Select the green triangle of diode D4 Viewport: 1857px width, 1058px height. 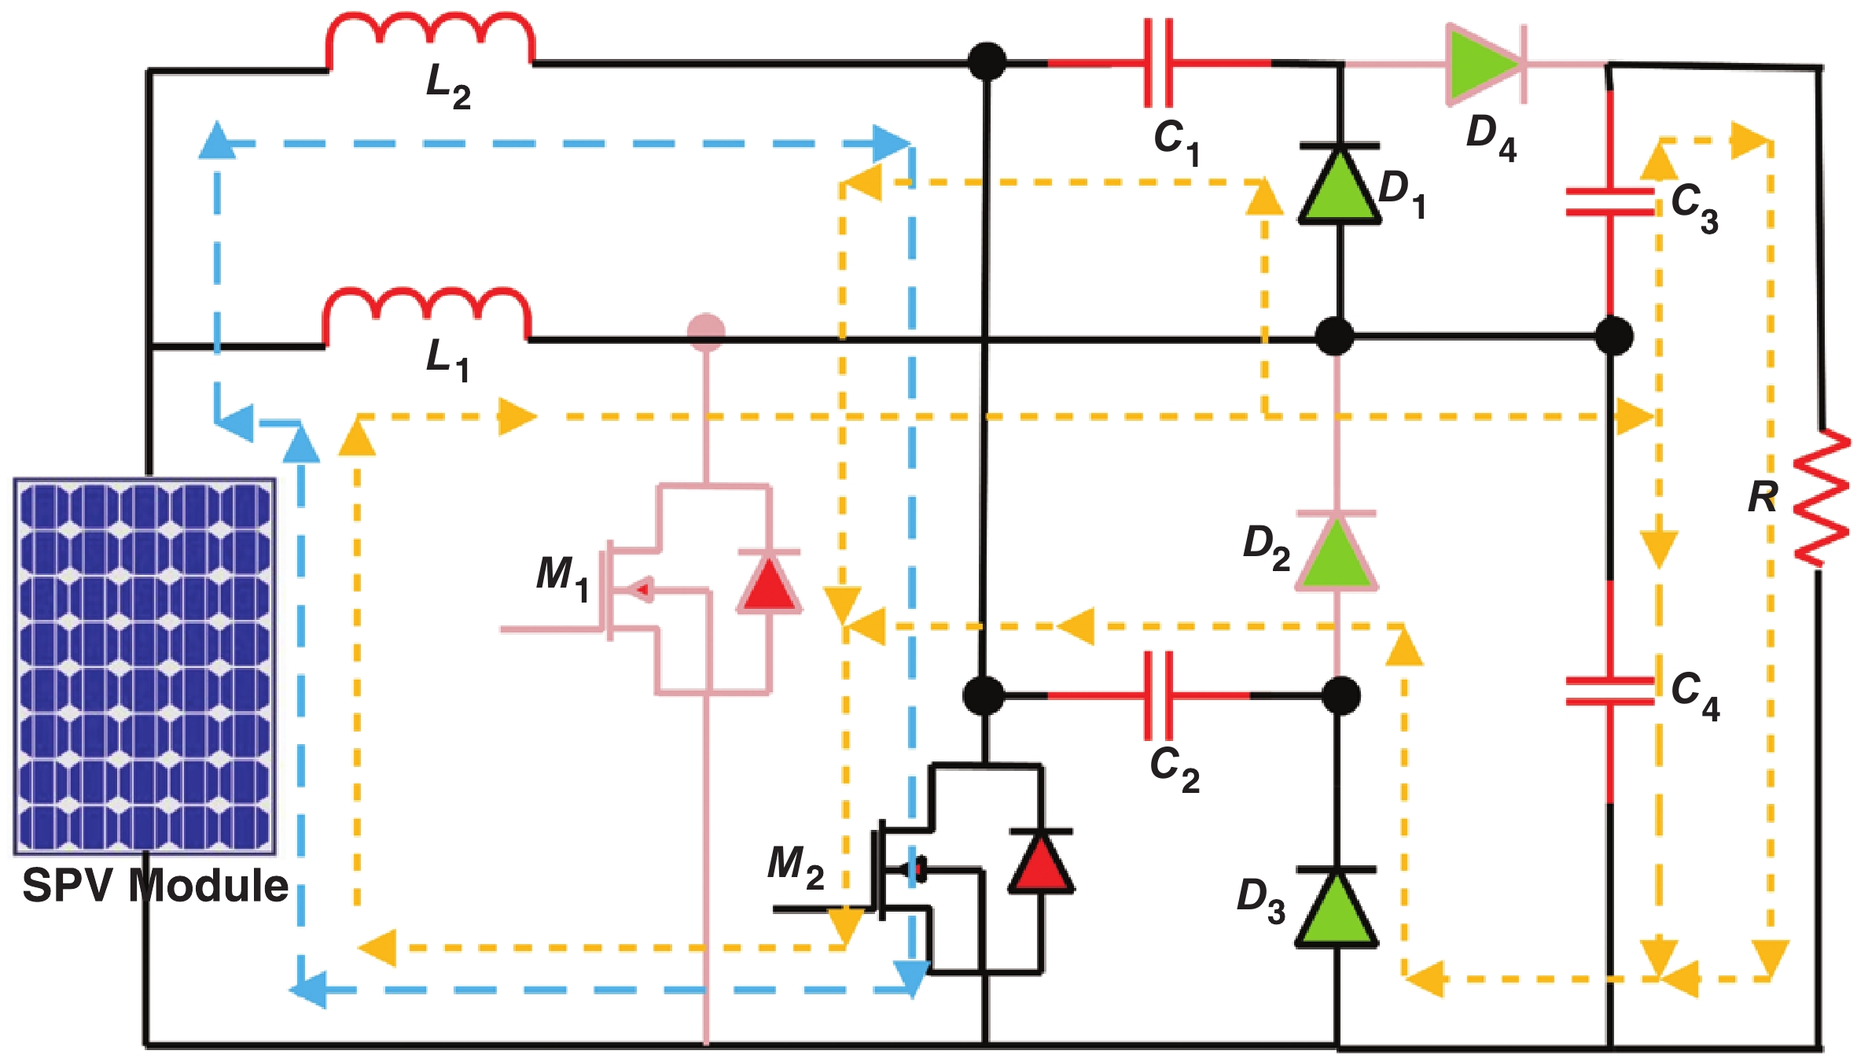tap(1482, 65)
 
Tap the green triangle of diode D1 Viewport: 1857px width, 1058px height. tap(1339, 189)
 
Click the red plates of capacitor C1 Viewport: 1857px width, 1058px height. tap(1159, 63)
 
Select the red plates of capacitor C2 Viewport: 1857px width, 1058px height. tap(1158, 695)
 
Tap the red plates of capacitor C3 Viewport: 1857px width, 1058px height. tap(1609, 201)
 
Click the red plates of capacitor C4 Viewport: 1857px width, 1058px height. tap(1609, 691)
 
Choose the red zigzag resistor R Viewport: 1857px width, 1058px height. tap(1821, 497)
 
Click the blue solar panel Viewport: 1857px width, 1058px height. tap(145, 665)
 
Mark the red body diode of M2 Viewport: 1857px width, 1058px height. tap(1041, 863)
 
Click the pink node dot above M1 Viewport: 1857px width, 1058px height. tap(706, 331)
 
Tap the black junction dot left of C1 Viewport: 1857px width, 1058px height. tap(986, 61)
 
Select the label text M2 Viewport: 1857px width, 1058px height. tap(795, 866)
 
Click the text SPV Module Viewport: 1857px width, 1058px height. tap(156, 886)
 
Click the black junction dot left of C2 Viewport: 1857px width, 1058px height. tap(983, 695)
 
